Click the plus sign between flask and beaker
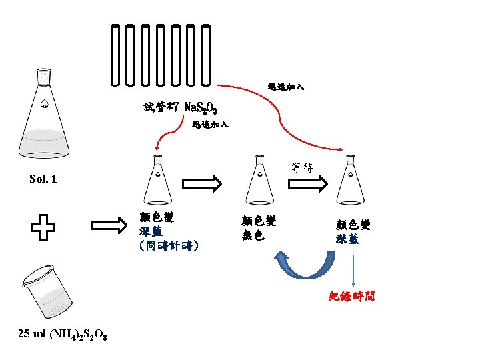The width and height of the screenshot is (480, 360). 43,227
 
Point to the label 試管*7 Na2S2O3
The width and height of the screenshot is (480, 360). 180,107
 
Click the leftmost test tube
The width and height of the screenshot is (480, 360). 116,57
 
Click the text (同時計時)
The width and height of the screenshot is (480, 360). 169,246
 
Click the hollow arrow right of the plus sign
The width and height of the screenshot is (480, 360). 110,227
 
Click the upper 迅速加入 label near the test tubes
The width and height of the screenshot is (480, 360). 286,87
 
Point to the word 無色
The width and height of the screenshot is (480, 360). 253,235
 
